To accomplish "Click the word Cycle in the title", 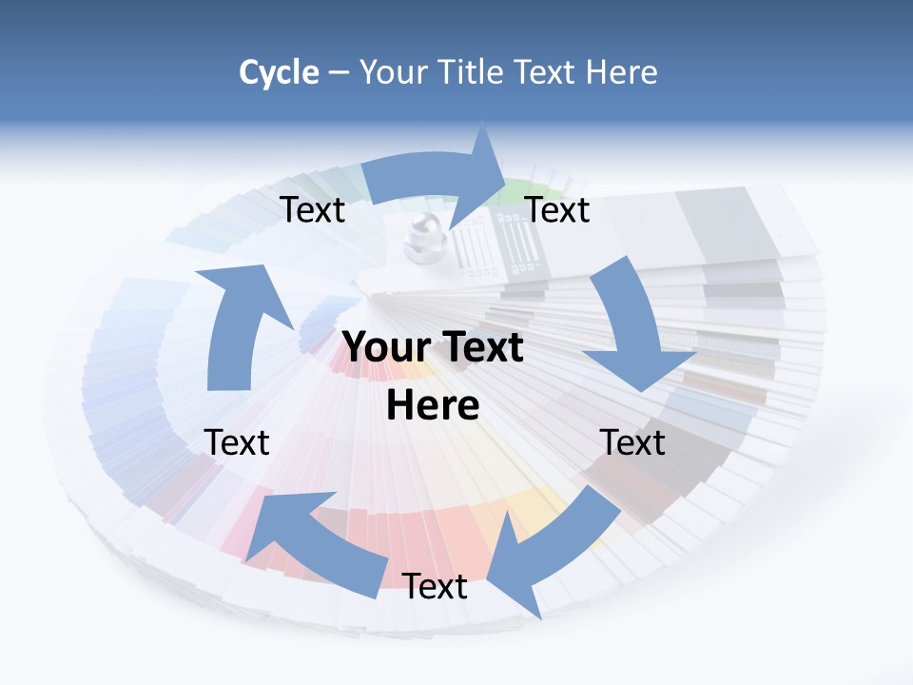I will (x=279, y=72).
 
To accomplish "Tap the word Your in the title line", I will (x=392, y=72).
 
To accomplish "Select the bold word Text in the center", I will (x=479, y=347).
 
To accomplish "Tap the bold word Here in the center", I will (x=433, y=405).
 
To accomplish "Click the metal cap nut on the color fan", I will (x=418, y=238).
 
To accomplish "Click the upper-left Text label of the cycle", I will (x=313, y=210).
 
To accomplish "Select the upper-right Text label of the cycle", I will (x=557, y=210).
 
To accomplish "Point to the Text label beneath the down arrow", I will (x=632, y=442).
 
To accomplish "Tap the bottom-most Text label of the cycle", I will (x=435, y=587).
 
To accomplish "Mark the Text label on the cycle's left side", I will (x=237, y=442).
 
